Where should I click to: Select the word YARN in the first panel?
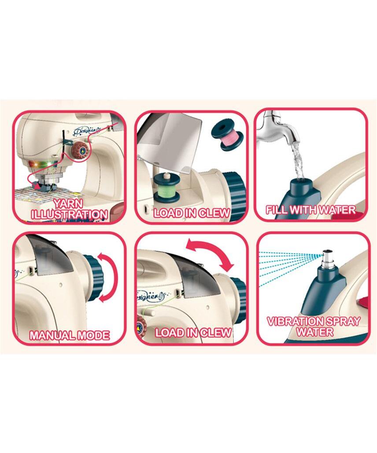(x=69, y=204)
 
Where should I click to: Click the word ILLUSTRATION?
(x=70, y=214)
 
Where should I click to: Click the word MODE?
(x=95, y=335)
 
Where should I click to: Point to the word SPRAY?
(x=344, y=322)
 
